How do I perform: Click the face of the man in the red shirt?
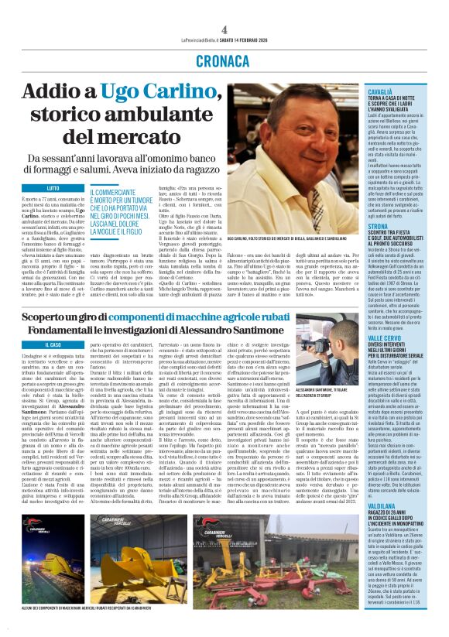(301, 132)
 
